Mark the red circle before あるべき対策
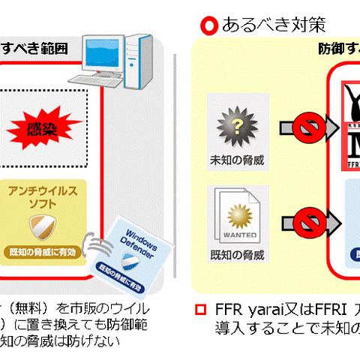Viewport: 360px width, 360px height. pos(209,25)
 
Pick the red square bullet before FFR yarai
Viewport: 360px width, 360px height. pos(200,310)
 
